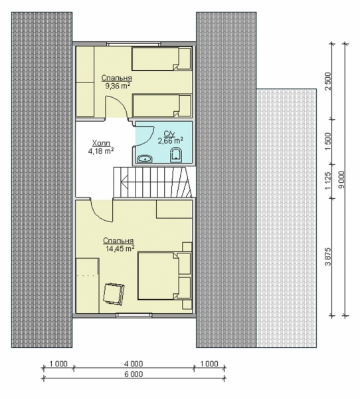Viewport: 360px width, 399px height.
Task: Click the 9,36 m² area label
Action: tap(118, 86)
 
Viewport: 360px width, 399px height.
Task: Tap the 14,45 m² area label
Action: tap(120, 248)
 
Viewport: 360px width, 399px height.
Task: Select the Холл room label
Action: tap(101, 143)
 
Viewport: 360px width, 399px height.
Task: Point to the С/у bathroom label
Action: tap(169, 134)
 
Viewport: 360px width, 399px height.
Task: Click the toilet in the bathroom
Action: tap(175, 155)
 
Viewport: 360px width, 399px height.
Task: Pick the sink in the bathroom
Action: tap(145, 159)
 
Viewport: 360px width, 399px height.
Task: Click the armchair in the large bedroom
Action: tap(114, 293)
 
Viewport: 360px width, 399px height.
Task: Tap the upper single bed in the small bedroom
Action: tap(161, 59)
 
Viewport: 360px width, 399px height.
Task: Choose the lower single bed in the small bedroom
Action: tap(161, 106)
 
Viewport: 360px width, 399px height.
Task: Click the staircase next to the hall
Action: tap(153, 182)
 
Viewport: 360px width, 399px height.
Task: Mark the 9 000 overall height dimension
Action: tap(342, 180)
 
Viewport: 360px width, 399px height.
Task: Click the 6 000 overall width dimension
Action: tap(134, 374)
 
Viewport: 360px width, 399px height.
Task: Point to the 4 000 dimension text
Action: tap(134, 364)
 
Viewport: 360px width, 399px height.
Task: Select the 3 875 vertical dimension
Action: tap(328, 257)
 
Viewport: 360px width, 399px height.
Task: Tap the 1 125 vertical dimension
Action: tap(328, 181)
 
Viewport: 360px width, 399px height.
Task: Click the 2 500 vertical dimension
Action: tap(328, 81)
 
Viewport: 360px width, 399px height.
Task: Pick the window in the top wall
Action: tap(134, 45)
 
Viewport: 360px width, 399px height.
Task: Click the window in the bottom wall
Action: tap(134, 315)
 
